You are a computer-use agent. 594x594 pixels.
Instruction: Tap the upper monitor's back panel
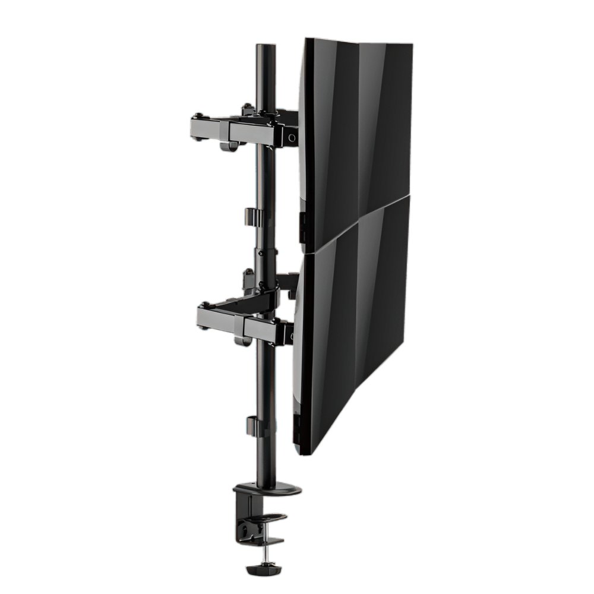coord(356,119)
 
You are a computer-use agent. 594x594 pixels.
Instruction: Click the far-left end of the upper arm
coord(194,127)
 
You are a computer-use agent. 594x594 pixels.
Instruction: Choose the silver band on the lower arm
coord(239,324)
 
